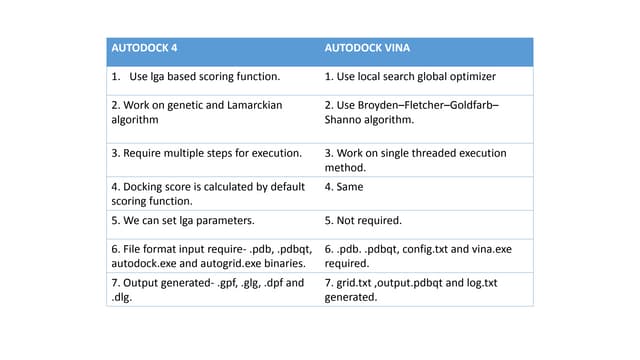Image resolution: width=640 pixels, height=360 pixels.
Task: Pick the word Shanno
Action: tap(347, 120)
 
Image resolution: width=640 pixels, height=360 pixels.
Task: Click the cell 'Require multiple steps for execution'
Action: tap(206, 153)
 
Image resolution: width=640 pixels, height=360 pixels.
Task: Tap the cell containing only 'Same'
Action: tap(345, 185)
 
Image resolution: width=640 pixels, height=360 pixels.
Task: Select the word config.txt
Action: tap(425, 248)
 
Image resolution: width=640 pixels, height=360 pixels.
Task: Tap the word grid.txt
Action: tap(357, 282)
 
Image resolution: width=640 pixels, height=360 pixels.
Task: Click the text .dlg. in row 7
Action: tap(121, 297)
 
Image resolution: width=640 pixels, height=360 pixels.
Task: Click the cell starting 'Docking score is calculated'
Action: tap(207, 192)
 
